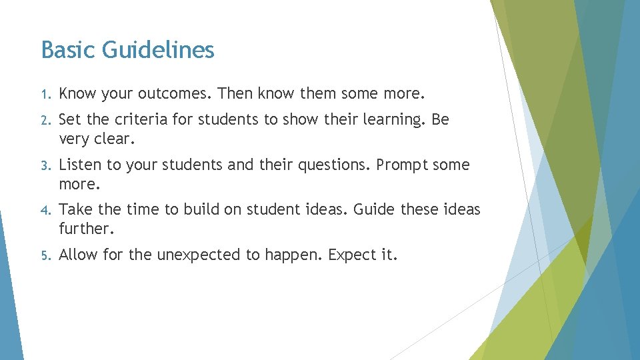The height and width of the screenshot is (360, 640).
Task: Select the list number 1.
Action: [44, 93]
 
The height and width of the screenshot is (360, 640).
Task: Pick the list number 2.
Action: [44, 120]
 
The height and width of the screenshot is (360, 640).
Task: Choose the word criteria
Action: [139, 119]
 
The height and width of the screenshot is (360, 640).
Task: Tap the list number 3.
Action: [44, 165]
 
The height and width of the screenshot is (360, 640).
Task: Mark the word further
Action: [85, 229]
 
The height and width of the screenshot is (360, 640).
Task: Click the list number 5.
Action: [44, 255]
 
